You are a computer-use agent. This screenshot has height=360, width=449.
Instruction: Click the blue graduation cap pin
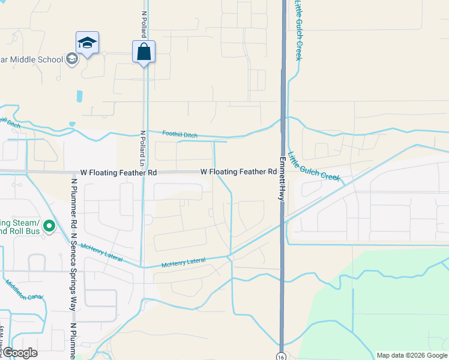87,43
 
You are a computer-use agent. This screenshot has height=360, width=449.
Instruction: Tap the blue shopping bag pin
143,52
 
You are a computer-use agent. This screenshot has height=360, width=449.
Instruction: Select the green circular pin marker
49,226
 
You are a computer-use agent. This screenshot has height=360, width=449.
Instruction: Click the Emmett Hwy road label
281,179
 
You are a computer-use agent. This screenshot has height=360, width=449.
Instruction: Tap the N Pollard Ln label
143,151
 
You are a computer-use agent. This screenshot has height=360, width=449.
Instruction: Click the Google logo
19,353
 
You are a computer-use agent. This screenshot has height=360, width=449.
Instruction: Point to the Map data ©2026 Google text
411,355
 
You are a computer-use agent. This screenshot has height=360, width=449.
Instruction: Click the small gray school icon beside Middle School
71,59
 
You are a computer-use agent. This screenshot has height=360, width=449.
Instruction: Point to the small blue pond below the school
80,96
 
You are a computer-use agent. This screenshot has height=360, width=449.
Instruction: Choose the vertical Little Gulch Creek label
298,30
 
